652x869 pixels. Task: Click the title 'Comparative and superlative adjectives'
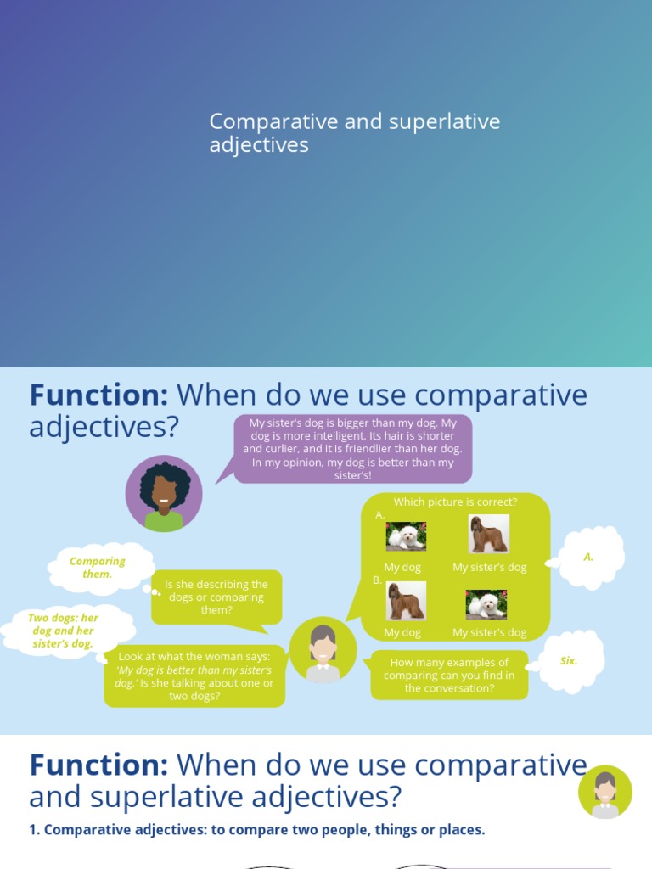click(x=354, y=133)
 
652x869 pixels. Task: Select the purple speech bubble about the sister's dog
click(x=352, y=449)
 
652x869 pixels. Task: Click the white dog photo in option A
click(x=406, y=536)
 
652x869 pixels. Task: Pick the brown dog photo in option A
click(x=489, y=534)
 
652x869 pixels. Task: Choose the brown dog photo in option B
click(x=406, y=601)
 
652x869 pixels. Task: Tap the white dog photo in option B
click(x=486, y=604)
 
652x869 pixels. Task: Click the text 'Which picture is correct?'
click(x=455, y=502)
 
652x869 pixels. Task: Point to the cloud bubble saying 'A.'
click(x=589, y=558)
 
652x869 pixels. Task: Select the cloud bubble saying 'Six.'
click(x=570, y=661)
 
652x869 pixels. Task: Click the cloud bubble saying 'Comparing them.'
click(x=98, y=568)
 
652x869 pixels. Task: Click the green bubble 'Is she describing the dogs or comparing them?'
click(x=216, y=597)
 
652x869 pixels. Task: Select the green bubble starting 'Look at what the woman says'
click(x=194, y=676)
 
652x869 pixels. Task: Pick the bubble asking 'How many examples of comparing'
click(x=449, y=676)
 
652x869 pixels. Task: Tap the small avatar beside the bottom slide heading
click(x=605, y=792)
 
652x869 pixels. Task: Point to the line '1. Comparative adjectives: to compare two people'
click(x=256, y=829)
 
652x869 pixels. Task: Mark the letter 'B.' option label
click(x=377, y=580)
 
